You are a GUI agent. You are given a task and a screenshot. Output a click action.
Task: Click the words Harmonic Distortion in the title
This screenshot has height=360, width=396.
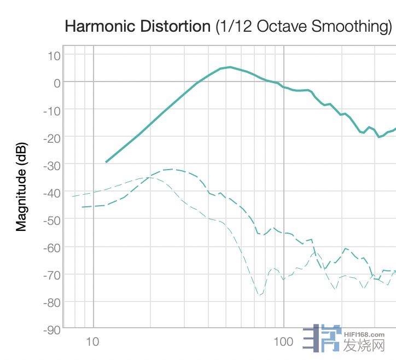click(137, 26)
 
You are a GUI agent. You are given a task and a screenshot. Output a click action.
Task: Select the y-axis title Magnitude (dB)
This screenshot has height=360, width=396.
click(21, 186)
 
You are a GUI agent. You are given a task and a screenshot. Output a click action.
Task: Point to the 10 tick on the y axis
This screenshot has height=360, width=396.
click(54, 55)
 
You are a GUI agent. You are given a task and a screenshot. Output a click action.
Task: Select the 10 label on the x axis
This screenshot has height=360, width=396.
click(93, 342)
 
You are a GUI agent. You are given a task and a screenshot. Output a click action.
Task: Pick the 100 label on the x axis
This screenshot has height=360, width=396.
click(283, 342)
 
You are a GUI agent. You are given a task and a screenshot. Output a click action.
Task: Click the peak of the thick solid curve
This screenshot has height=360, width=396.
click(230, 67)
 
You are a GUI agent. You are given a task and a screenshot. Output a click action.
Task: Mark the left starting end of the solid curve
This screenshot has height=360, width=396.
click(106, 162)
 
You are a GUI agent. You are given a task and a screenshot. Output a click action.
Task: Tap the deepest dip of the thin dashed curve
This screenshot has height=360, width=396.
click(259, 295)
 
